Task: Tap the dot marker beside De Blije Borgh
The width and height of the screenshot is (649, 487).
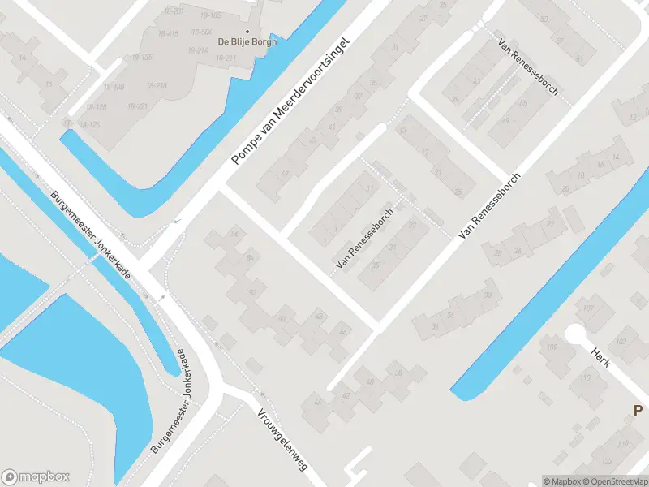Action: click(x=247, y=31)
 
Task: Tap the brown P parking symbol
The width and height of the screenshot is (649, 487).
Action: click(x=639, y=411)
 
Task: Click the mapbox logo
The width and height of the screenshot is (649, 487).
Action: click(x=36, y=477)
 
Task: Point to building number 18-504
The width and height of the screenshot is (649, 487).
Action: click(x=202, y=32)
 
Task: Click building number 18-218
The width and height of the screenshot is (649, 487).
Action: click(x=157, y=85)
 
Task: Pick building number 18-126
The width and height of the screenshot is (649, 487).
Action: click(x=89, y=124)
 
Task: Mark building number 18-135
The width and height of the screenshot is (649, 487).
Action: click(x=140, y=58)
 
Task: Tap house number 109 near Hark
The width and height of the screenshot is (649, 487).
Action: click(x=552, y=348)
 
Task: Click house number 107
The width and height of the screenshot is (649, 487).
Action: click(x=588, y=308)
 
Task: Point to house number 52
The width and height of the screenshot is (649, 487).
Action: click(x=252, y=292)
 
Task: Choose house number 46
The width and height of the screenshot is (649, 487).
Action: click(x=344, y=333)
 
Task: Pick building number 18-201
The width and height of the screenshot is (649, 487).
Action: click(x=173, y=11)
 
